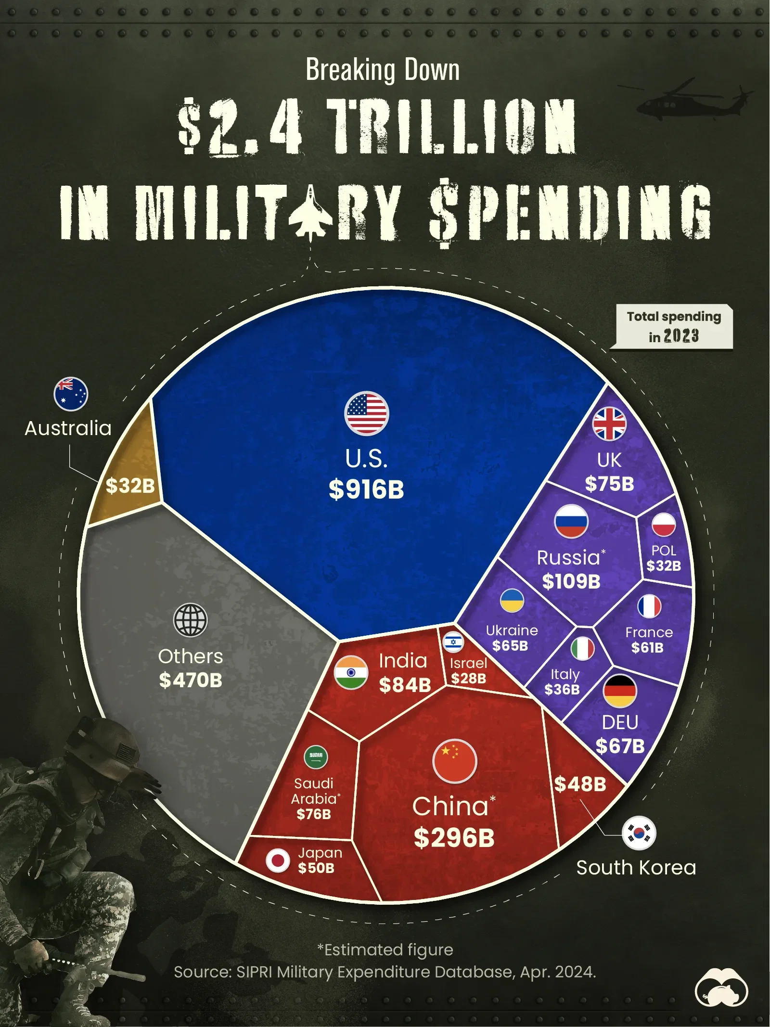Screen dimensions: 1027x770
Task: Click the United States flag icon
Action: [x=366, y=413]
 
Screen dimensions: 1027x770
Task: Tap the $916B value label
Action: [x=366, y=489]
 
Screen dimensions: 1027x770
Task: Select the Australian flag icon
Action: [x=71, y=394]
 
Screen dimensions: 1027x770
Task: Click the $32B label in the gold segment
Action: [x=130, y=486]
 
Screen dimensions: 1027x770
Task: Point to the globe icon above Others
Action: [x=191, y=620]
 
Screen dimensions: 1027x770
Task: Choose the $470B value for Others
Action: [x=191, y=680]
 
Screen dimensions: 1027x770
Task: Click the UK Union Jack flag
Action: [x=609, y=424]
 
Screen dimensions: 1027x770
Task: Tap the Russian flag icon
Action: [x=571, y=521]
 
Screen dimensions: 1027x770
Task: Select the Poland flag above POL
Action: [x=664, y=525]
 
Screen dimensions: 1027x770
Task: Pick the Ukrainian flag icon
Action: [x=512, y=601]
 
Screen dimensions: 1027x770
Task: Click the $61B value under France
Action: [x=648, y=648]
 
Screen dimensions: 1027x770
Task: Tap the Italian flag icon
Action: [x=582, y=648]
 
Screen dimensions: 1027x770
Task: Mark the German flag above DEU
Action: [x=620, y=691]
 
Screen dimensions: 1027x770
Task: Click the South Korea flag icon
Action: [x=639, y=833]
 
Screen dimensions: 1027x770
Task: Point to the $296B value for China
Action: [x=454, y=838]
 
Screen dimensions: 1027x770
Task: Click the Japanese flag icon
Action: [x=278, y=860]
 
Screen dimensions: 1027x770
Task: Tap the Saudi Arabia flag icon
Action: [x=316, y=757]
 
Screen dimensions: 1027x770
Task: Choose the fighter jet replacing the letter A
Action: [x=310, y=212]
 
